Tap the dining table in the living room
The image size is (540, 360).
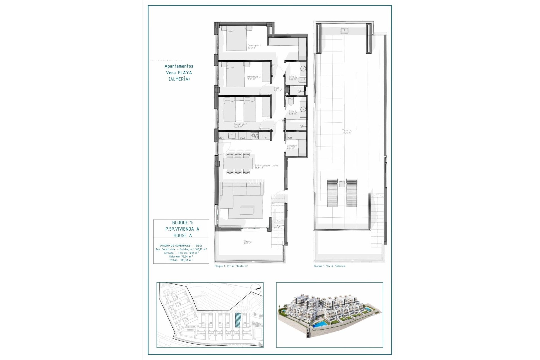coord(238,163)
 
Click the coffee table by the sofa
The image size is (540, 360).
coord(246,211)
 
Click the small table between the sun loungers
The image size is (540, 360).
coord(342,184)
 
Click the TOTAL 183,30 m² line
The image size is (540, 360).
coord(181,260)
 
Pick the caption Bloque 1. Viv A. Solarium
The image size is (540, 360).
coord(329,266)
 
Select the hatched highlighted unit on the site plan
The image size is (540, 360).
coord(238,320)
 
